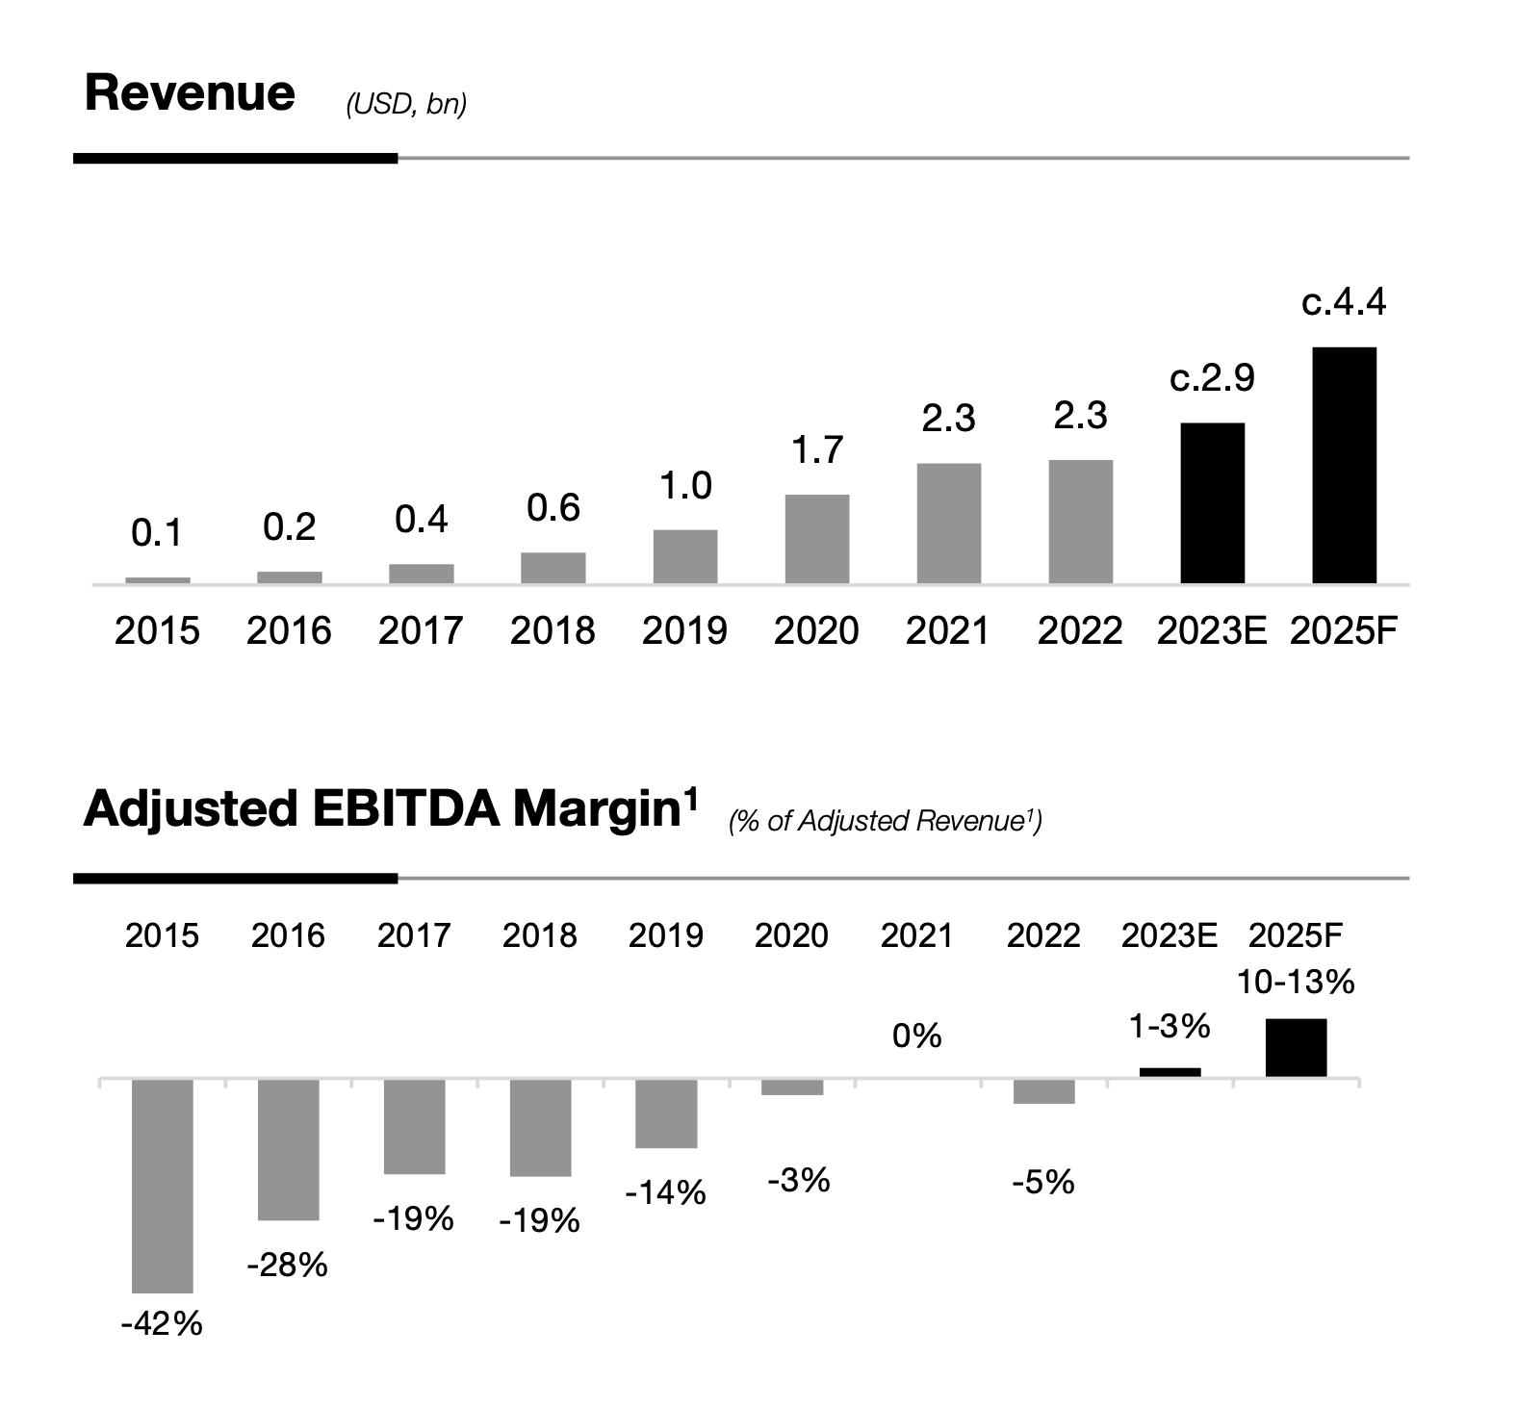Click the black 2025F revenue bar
coord(1344,465)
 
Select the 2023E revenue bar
coord(1212,502)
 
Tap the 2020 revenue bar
coord(817,538)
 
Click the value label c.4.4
coord(1344,303)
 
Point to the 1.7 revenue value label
coord(817,450)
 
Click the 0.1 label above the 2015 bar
coord(157,533)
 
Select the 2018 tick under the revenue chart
coord(553,630)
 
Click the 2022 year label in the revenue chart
coord(1080,630)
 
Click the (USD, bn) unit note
coord(406,104)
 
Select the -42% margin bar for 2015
coord(162,1186)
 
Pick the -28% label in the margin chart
coord(287,1265)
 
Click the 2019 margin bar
coord(666,1113)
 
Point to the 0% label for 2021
coord(916,1036)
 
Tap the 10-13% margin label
coord(1296,983)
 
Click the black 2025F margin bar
coord(1296,1047)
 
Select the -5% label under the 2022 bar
coord(1043,1182)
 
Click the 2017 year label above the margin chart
coord(414,935)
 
